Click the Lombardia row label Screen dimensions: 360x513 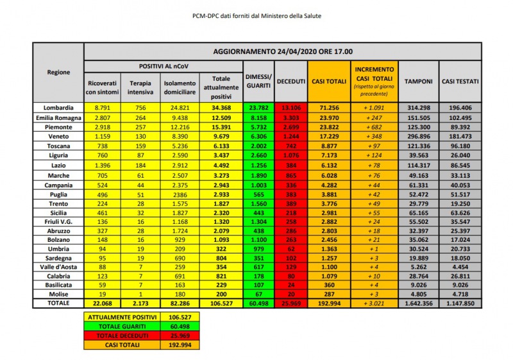pos(58,107)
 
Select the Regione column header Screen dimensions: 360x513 pos(58,72)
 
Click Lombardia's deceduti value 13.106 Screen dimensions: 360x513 pos(290,107)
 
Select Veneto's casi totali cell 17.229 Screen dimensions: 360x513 pos(329,137)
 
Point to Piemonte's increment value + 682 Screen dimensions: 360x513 pos(374,127)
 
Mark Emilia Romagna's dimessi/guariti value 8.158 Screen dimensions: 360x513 pos(258,117)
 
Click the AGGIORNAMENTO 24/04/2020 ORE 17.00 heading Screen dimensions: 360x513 pos(282,51)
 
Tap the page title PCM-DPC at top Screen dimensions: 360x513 pos(256,15)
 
